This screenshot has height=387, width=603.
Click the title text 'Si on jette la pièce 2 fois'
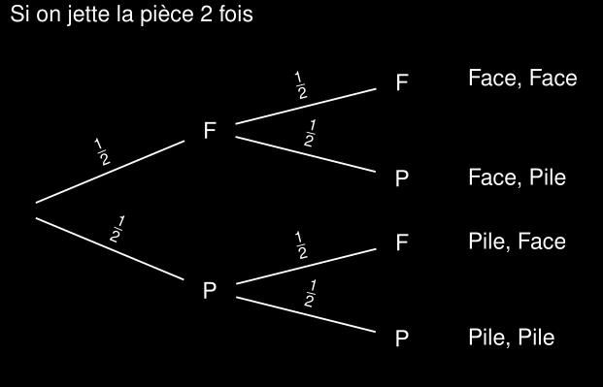click(131, 15)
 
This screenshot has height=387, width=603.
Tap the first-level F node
click(210, 130)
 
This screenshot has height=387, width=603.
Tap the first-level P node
click(210, 291)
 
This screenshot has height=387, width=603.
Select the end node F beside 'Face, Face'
click(402, 82)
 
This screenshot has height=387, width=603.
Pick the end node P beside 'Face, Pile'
click(402, 178)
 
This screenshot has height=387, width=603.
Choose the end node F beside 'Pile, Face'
click(402, 242)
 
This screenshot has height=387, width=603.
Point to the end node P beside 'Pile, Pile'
click(402, 339)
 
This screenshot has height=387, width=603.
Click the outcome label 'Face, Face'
click(522, 79)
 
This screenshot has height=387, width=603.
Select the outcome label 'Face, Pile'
click(518, 177)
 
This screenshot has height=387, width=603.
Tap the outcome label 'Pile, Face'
click(518, 242)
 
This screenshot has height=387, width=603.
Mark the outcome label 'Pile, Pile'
click(512, 338)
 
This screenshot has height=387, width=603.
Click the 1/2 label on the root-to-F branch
click(102, 152)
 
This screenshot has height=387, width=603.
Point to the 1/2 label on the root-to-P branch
click(117, 230)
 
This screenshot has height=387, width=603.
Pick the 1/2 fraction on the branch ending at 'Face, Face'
click(301, 85)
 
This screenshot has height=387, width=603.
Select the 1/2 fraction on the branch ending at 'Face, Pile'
click(310, 133)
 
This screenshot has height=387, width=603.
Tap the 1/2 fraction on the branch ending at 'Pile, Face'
click(301, 245)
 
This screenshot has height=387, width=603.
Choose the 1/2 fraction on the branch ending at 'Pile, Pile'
click(310, 294)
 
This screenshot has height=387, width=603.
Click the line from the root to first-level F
click(110, 172)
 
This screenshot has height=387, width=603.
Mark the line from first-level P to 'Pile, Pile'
click(306, 314)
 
